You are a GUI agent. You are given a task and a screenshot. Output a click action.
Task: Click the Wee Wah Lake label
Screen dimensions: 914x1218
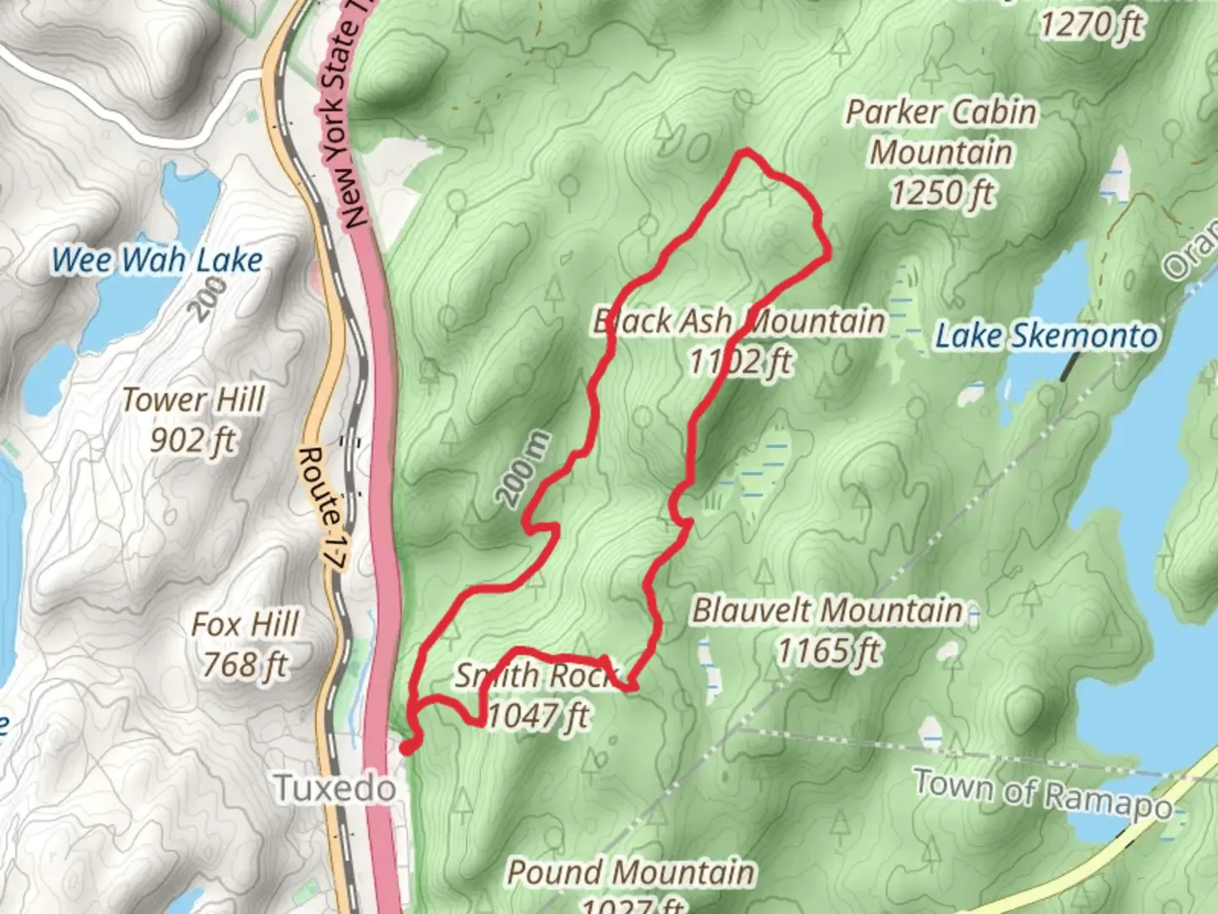coord(157,260)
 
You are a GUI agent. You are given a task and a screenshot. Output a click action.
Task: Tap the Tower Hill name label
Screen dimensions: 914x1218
coord(194,399)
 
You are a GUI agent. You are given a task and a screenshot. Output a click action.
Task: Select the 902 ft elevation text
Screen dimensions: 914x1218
coord(193,440)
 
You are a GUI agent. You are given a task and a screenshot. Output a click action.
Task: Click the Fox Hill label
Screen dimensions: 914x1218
coord(245,625)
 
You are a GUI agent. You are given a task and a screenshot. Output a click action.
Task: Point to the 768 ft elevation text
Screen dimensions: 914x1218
coord(245,665)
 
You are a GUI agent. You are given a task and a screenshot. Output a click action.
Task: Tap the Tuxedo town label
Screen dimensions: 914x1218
coord(336,789)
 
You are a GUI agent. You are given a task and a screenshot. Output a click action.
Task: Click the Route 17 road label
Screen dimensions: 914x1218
coord(322,508)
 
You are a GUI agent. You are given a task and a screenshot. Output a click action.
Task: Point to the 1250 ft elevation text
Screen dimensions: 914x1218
coord(942,193)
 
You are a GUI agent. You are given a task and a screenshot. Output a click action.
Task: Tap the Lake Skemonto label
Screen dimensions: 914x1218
coord(1046,336)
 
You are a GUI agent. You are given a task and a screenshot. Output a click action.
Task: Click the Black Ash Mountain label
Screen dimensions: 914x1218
coord(738,322)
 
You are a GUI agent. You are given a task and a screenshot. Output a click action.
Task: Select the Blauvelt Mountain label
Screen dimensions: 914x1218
coord(828,610)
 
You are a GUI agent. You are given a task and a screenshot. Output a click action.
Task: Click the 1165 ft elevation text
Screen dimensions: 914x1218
coord(829,651)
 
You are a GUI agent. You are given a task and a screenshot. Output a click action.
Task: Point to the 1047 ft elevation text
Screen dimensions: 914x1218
coord(539,716)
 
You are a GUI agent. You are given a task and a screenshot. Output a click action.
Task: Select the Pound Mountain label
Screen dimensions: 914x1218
coord(631,873)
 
